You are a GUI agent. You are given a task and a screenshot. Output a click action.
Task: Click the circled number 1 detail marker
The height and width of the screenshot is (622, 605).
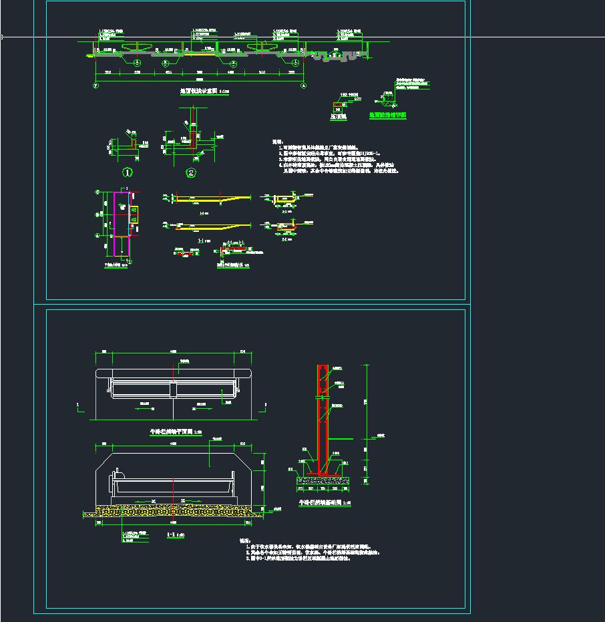click(128, 172)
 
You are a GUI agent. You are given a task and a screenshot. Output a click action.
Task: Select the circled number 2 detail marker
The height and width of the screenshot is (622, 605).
click(191, 172)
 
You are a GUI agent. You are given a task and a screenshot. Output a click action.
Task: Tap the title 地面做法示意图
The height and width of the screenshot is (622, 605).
click(200, 92)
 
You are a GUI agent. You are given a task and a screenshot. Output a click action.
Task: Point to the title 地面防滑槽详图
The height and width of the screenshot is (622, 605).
click(387, 115)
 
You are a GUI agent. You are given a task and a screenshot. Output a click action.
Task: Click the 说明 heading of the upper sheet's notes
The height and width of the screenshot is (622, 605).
click(277, 142)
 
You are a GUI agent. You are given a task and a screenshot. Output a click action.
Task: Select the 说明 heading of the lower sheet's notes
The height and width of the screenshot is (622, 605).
click(244, 541)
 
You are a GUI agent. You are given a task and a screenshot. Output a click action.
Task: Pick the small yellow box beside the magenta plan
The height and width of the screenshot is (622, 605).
click(134, 214)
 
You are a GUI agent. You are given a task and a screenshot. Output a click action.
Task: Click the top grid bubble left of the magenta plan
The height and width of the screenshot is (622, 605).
click(98, 193)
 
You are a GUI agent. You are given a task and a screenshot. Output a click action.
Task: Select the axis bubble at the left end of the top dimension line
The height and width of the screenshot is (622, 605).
click(96, 86)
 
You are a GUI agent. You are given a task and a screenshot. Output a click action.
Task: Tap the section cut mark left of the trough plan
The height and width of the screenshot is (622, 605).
click(79, 405)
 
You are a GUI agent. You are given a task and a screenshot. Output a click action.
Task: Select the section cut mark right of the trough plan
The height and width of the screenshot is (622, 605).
click(266, 405)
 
